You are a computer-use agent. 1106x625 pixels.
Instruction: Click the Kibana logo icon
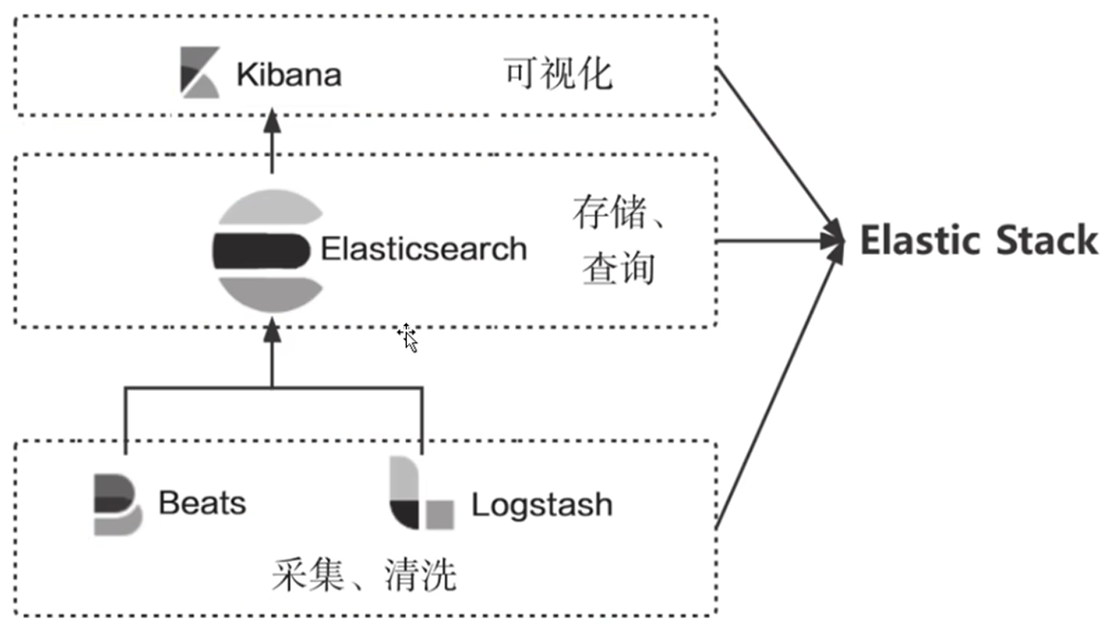click(200, 73)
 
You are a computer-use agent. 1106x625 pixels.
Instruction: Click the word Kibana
click(288, 76)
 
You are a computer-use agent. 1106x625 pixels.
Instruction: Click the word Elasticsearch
click(423, 248)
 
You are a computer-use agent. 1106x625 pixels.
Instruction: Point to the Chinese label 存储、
click(619, 215)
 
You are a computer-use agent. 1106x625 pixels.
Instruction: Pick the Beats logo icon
click(117, 504)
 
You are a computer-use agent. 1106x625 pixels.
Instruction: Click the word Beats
click(202, 503)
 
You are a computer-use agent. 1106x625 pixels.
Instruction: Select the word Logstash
click(541, 505)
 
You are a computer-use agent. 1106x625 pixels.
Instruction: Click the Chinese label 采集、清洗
click(364, 574)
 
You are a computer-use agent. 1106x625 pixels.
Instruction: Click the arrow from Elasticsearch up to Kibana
click(272, 143)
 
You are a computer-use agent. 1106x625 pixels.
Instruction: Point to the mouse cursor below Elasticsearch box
click(408, 337)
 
